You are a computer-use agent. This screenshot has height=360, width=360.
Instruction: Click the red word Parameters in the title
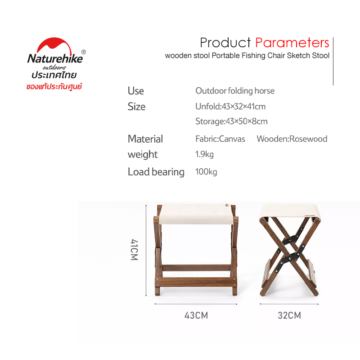(x=292, y=43)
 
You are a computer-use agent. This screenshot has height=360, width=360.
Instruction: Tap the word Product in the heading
(x=225, y=43)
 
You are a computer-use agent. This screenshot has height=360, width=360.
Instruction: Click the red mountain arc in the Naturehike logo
(x=54, y=45)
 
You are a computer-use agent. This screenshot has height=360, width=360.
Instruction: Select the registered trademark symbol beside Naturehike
(x=84, y=52)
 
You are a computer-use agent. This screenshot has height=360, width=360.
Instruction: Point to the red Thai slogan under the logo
(x=54, y=86)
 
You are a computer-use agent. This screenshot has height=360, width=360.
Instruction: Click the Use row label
(x=136, y=91)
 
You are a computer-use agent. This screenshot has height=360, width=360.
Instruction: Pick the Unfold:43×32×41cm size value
(x=230, y=107)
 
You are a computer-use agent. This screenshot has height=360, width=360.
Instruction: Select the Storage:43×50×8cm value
(x=231, y=121)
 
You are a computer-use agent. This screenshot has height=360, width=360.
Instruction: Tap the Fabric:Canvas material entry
(x=220, y=139)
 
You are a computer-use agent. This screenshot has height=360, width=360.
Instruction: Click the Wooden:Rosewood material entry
(x=292, y=139)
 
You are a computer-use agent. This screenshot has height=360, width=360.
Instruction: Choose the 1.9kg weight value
(x=204, y=154)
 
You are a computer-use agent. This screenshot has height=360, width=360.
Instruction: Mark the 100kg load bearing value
(x=206, y=172)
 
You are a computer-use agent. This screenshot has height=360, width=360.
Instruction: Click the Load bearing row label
(x=156, y=172)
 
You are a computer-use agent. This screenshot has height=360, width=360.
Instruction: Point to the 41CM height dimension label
(x=134, y=250)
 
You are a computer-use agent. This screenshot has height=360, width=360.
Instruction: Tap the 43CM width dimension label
(x=196, y=315)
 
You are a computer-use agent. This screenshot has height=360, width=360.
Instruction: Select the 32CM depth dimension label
(x=289, y=315)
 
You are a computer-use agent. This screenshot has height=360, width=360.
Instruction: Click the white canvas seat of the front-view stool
(x=196, y=214)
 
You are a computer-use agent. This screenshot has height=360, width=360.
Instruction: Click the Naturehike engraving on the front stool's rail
(x=224, y=282)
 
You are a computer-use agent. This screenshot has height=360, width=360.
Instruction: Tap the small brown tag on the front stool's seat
(x=227, y=205)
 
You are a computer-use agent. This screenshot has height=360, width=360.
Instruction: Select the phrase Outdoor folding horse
(x=235, y=91)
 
